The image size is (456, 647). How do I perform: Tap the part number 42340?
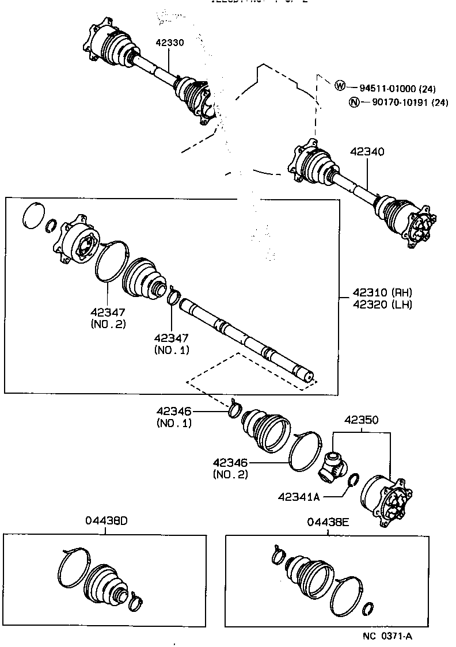367,152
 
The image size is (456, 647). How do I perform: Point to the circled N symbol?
354,102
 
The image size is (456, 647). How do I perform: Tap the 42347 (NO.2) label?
108,317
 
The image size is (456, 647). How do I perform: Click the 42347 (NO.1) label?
171,343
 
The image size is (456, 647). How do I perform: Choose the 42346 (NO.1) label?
174,417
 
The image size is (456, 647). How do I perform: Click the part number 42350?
362,420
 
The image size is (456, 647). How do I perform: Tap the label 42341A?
299,496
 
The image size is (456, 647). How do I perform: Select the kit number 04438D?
106,522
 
